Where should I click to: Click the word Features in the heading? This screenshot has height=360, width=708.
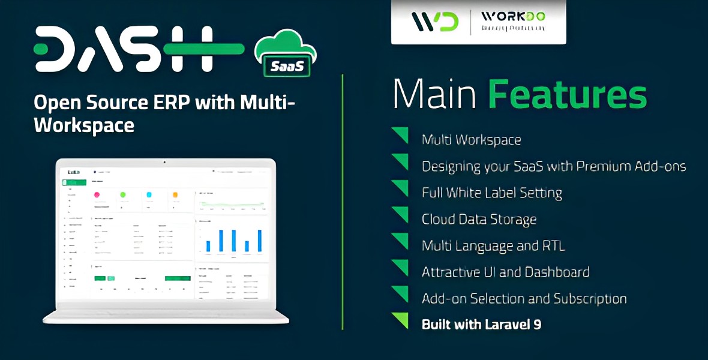[x=567, y=94]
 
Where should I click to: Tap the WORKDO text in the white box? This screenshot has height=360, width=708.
[x=513, y=16]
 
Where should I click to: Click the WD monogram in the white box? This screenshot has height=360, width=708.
[x=435, y=21]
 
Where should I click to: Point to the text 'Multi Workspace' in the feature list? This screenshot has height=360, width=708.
[x=471, y=140]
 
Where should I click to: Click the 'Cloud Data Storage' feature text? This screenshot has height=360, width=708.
[x=479, y=219]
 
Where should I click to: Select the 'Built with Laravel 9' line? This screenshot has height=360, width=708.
[x=481, y=325]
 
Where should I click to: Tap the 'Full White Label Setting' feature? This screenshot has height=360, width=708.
[x=491, y=193]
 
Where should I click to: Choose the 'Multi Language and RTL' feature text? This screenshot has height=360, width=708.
[x=493, y=245]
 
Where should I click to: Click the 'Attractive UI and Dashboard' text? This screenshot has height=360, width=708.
[x=505, y=272]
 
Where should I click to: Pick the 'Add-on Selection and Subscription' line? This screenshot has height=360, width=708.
[x=524, y=298]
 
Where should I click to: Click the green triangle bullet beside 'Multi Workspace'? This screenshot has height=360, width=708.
[x=400, y=135]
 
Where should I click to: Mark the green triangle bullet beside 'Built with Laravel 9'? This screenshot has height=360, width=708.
[x=400, y=320]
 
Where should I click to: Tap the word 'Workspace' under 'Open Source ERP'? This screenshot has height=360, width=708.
[x=84, y=125]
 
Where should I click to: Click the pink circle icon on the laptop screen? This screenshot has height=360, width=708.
[x=97, y=194]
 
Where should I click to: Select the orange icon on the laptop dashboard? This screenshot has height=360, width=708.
[x=175, y=194]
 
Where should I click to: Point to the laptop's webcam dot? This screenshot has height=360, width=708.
[x=166, y=162]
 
